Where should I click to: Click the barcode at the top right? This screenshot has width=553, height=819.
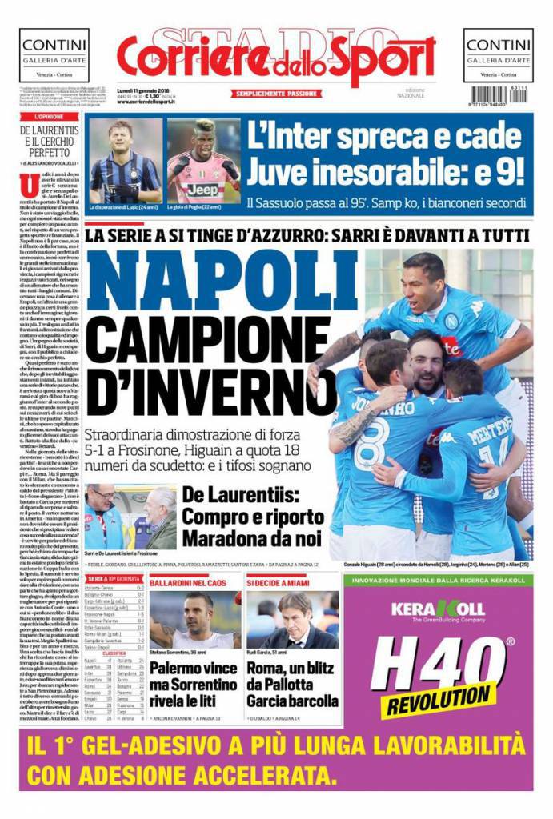(495, 96)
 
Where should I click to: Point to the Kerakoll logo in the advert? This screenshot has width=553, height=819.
(438, 610)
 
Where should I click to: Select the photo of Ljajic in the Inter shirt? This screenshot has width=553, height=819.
(125, 162)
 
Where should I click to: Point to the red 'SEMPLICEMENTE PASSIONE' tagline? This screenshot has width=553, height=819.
(276, 94)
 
